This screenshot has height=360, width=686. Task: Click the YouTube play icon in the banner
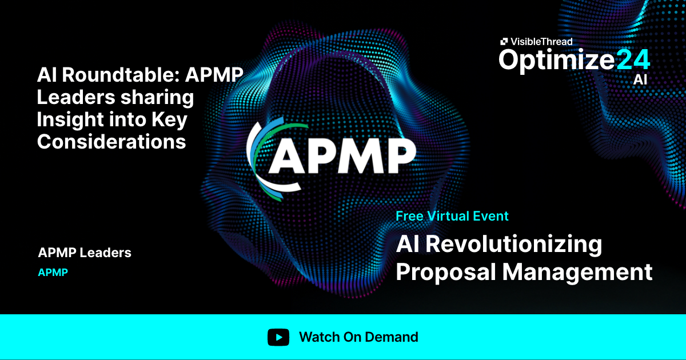(278, 337)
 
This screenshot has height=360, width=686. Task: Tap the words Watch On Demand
(358, 337)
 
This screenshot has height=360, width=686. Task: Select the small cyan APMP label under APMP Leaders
(53, 273)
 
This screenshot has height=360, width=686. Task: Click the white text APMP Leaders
(85, 253)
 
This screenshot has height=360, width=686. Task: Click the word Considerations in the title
(111, 141)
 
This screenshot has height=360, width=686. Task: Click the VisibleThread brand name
(541, 41)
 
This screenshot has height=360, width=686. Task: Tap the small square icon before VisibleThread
(504, 41)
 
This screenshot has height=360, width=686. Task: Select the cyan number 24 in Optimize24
(633, 59)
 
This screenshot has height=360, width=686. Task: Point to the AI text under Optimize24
(640, 79)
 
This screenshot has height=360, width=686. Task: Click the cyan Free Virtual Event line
(452, 216)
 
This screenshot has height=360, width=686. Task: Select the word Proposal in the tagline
(445, 272)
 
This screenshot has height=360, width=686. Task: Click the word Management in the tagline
(577, 272)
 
